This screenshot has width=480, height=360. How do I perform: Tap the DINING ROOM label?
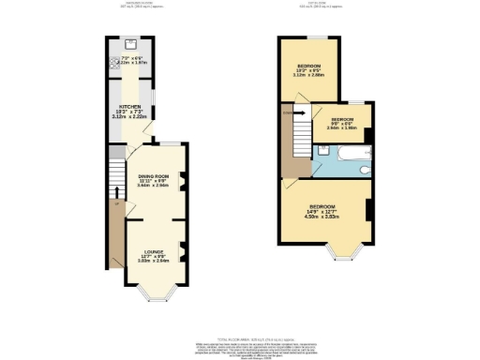152,176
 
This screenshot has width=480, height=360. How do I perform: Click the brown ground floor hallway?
115,239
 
